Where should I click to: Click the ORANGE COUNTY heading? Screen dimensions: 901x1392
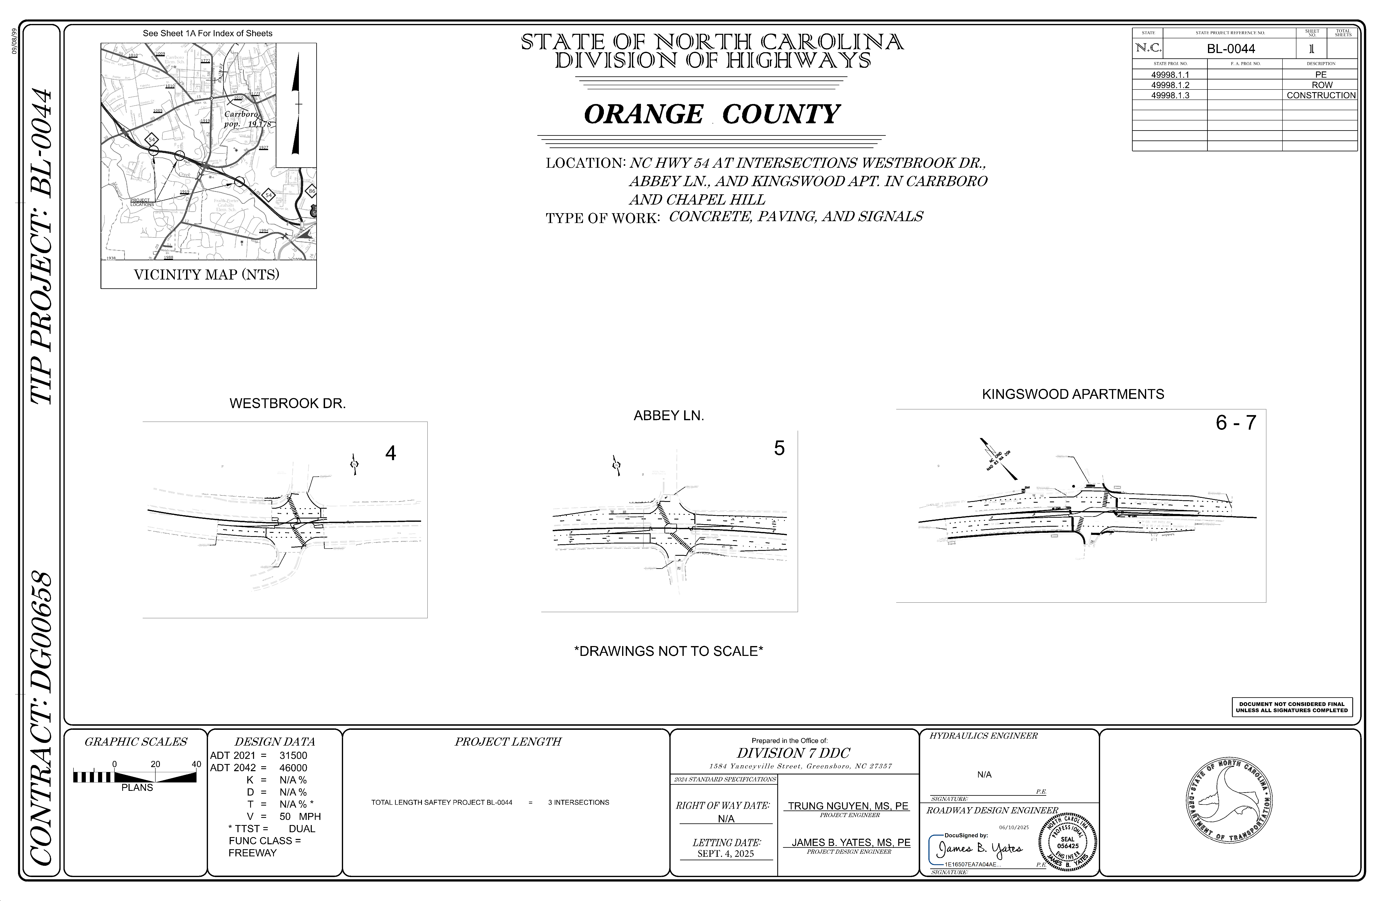(x=712, y=114)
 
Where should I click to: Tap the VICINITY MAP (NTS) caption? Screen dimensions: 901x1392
(x=207, y=274)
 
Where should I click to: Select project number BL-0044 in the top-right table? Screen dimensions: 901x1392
(x=1230, y=49)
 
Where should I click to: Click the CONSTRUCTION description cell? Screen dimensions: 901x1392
(x=1321, y=95)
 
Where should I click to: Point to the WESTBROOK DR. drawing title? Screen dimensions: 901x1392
(x=287, y=404)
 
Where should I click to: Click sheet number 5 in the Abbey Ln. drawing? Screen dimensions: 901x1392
(x=779, y=448)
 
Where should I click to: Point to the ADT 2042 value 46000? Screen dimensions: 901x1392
(x=293, y=768)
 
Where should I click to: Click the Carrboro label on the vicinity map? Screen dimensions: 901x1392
(x=241, y=115)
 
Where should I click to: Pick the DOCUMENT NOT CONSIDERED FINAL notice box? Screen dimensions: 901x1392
(x=1291, y=707)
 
